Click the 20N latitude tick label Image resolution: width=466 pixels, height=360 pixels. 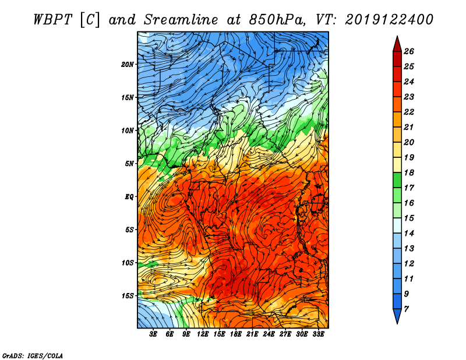128,65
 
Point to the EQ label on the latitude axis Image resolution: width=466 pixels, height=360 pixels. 129,197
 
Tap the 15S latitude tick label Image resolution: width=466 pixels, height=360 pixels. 128,296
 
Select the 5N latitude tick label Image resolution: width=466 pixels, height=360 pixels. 129,164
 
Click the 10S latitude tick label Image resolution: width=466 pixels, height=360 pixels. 128,263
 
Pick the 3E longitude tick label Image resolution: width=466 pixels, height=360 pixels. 153,334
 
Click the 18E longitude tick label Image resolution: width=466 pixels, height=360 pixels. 236,334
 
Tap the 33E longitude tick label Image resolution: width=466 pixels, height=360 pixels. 318,334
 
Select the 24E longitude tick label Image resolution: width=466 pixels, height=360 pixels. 269,334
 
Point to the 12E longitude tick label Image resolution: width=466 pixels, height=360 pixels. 203,334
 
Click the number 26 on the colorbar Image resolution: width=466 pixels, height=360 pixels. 409,51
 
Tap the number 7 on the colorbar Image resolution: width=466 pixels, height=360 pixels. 406,309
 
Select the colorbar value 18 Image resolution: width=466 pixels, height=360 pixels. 409,172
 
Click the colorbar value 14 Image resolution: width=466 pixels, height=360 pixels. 409,234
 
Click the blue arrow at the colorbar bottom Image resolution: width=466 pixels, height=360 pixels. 397,316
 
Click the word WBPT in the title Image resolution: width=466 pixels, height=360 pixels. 53,20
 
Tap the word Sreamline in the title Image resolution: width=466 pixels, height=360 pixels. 181,20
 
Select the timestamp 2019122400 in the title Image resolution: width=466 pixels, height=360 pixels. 389,20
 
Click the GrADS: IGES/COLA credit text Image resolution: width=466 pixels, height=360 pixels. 33,356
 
